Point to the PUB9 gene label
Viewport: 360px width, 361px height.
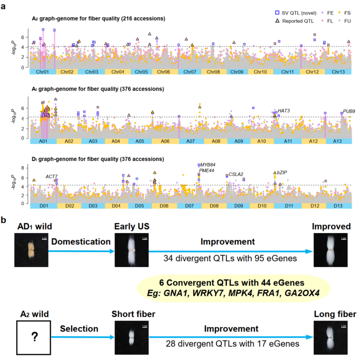(x=349, y=111)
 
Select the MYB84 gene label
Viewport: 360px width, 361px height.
(x=208, y=165)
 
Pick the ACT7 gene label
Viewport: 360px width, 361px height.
(x=51, y=176)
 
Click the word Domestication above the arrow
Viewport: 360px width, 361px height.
(x=81, y=242)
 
